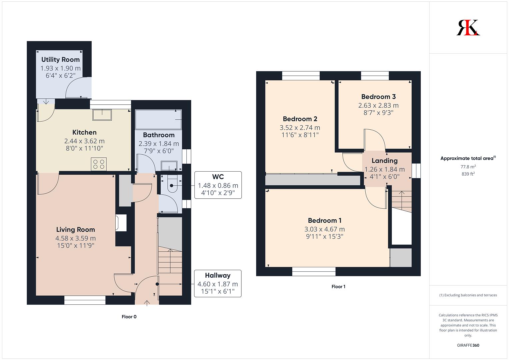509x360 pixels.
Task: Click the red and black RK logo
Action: pyautogui.click(x=468, y=27)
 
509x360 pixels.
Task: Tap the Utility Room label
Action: pyautogui.click(x=60, y=60)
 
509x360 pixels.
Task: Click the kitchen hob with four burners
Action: pyautogui.click(x=99, y=164)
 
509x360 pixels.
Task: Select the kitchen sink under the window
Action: pyautogui.click(x=102, y=115)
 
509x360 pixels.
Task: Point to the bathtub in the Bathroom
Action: pyautogui.click(x=158, y=120)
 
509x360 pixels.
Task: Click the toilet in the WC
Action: pyautogui.click(x=172, y=185)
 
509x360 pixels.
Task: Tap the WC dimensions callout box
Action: pyautogui.click(x=218, y=185)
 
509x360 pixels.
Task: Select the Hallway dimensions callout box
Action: pyautogui.click(x=218, y=283)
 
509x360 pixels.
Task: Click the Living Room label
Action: pyautogui.click(x=76, y=230)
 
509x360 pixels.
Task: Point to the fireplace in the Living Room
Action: pyautogui.click(x=121, y=223)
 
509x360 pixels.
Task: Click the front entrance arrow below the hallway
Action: pyautogui.click(x=147, y=303)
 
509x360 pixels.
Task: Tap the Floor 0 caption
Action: pyautogui.click(x=129, y=317)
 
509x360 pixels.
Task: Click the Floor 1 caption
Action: pyautogui.click(x=338, y=286)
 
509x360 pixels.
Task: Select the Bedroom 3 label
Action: pyautogui.click(x=379, y=97)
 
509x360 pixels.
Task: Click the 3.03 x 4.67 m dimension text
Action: pyautogui.click(x=324, y=229)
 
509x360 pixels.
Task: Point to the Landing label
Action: pyautogui.click(x=384, y=161)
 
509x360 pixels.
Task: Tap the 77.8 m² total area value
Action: pyautogui.click(x=468, y=167)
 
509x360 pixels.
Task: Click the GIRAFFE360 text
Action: pyautogui.click(x=468, y=345)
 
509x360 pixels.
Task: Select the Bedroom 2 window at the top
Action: pyautogui.click(x=301, y=76)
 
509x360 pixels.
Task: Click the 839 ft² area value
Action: pyautogui.click(x=468, y=174)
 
